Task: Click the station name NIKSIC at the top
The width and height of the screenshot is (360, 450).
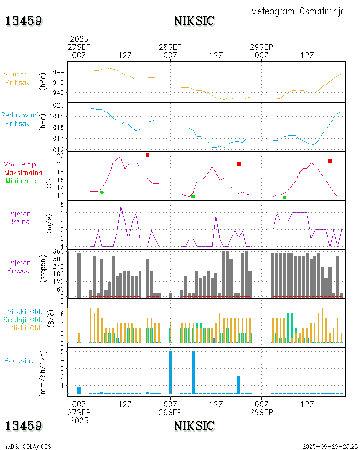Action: click(x=194, y=21)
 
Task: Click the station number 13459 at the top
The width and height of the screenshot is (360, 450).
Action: click(x=24, y=21)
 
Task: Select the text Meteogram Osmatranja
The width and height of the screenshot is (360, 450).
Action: click(x=298, y=12)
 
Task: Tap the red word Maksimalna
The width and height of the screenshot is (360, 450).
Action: click(x=23, y=172)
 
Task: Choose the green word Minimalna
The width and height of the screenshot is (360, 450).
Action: click(x=22, y=180)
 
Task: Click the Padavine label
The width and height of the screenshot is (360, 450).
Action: click(x=19, y=360)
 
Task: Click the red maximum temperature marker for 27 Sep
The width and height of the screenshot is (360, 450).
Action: click(x=147, y=155)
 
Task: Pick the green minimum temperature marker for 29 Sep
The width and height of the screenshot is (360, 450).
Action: click(x=284, y=198)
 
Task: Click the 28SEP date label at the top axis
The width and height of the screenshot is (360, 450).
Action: click(x=170, y=47)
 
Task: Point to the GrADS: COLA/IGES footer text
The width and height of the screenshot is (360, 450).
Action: click(x=27, y=446)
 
